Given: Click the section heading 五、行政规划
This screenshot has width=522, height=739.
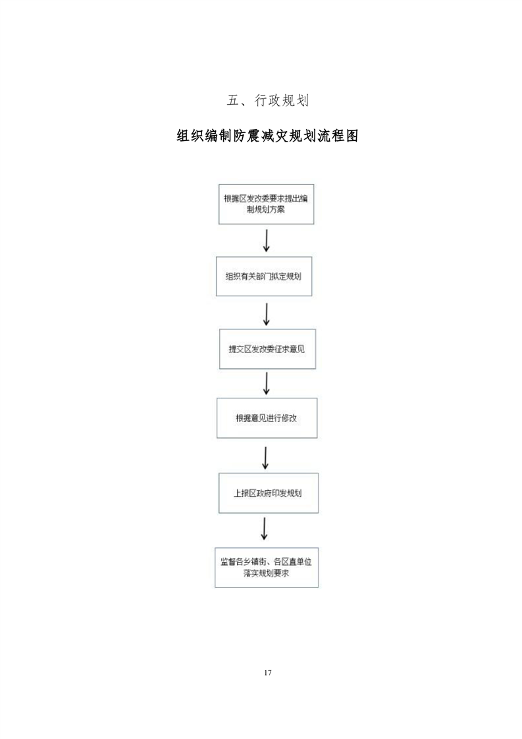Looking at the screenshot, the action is (268, 100).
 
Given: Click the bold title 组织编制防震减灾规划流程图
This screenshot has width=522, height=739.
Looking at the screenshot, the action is (267, 136).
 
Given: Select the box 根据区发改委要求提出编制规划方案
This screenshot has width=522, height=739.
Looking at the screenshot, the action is (266, 204).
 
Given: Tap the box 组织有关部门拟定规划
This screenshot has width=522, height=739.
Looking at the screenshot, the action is (264, 276).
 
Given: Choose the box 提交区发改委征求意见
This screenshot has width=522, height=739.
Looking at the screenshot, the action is (268, 349).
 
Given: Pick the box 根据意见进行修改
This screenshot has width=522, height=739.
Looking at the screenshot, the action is (267, 418).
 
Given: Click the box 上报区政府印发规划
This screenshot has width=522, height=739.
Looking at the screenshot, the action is (269, 493).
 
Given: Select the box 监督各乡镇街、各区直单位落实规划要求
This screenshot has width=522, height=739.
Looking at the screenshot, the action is (267, 568).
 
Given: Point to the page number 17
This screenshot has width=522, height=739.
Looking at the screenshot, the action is (268, 672).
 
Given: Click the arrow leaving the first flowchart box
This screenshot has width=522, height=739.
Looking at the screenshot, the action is (266, 240).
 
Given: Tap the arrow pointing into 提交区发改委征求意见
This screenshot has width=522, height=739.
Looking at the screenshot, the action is (266, 314).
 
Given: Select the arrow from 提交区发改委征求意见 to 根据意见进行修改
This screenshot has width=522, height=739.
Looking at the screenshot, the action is (266, 383).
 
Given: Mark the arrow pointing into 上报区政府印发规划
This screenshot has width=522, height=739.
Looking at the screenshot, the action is (265, 458).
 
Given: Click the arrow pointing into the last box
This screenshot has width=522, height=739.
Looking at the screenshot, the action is (265, 528).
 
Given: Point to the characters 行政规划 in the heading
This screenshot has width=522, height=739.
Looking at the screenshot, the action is (282, 100).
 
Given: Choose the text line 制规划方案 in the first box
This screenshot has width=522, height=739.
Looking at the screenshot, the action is (266, 209).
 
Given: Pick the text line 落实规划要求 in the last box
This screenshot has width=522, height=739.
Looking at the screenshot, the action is (266, 573).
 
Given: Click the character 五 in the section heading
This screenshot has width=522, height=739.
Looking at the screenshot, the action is (233, 100).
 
